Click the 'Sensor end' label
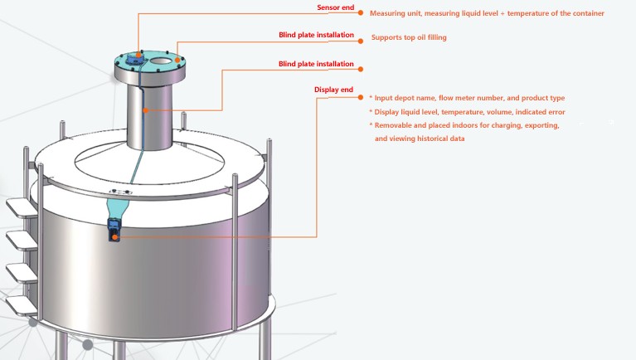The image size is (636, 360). (x=335, y=7)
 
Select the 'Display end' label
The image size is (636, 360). (x=333, y=90)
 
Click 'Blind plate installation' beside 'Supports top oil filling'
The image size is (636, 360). (x=316, y=36)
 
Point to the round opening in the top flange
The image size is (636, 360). (x=160, y=61)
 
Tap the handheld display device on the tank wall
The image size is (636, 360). (x=114, y=229)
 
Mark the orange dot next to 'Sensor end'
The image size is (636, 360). (x=360, y=12)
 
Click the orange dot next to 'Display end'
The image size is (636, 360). (x=360, y=97)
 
